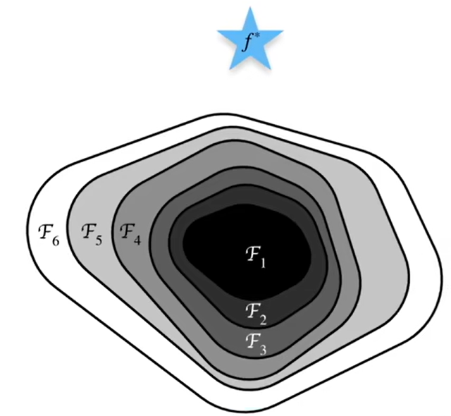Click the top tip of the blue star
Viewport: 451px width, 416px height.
pos(251,8)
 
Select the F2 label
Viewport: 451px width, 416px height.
pos(256,310)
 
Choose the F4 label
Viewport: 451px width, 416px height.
pos(130,232)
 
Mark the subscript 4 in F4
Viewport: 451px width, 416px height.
pos(137,239)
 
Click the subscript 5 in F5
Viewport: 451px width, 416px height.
pos(99,239)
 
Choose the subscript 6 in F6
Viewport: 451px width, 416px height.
pos(55,239)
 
